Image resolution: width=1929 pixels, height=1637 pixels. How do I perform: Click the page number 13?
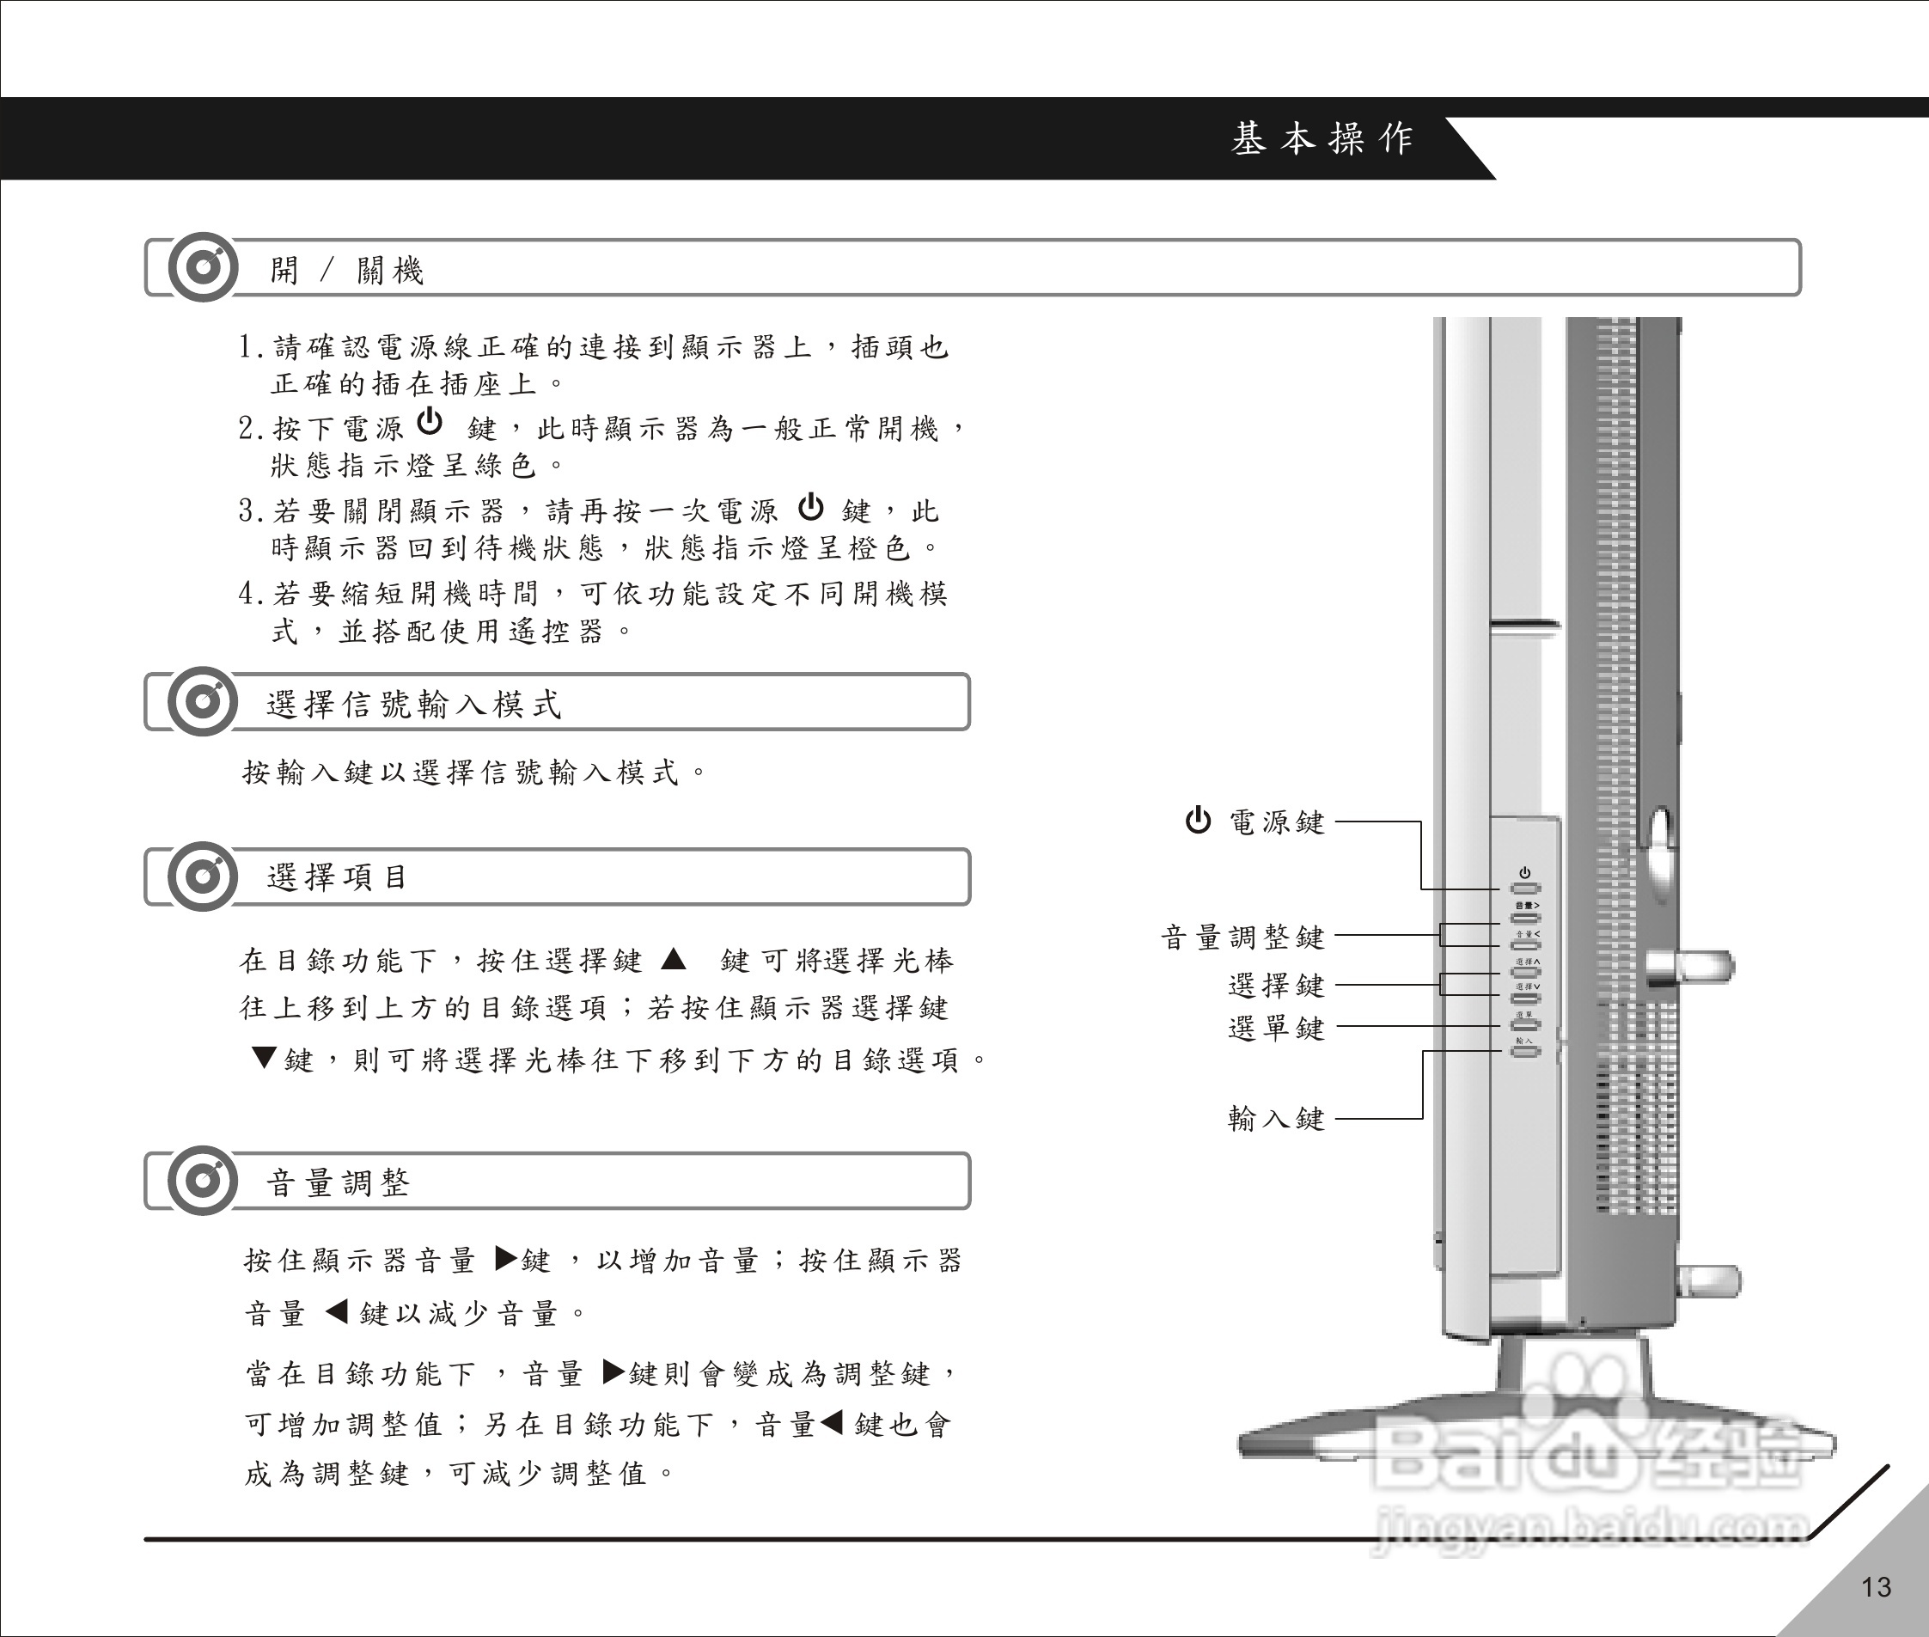[1875, 1587]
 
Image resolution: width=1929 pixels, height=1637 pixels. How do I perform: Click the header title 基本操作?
[1322, 138]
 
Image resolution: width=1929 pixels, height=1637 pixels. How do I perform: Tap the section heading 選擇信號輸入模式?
[413, 705]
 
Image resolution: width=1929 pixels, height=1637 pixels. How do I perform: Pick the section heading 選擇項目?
[337, 877]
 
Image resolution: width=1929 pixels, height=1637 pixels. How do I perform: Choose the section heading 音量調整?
[338, 1183]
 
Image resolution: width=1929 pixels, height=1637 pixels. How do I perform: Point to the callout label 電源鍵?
[1277, 822]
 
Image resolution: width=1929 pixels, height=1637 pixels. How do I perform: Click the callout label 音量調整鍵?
[1242, 938]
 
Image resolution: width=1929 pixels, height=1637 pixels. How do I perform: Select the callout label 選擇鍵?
[1277, 985]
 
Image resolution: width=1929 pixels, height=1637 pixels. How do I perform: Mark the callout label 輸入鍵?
[1277, 1118]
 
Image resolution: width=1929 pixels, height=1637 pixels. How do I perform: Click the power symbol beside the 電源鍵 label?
[1198, 821]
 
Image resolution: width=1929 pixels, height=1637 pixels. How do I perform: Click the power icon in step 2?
[430, 421]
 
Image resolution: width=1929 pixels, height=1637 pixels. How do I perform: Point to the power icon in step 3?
[811, 507]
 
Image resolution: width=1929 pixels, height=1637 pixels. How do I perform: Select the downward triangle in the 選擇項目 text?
[264, 1057]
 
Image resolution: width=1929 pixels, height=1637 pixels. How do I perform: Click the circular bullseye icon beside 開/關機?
[202, 267]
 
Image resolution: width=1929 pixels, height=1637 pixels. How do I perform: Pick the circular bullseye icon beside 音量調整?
[202, 1181]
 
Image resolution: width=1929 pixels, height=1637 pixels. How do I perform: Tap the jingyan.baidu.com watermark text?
[1591, 1529]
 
